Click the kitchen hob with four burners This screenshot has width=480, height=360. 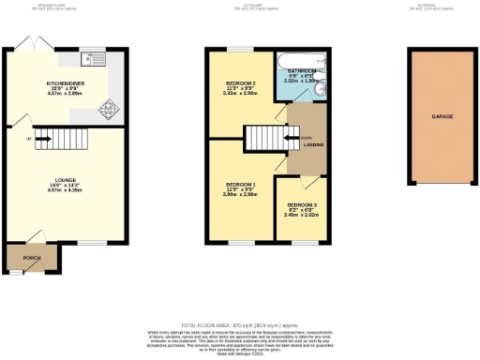(109, 108)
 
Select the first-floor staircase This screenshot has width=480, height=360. (264, 140)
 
